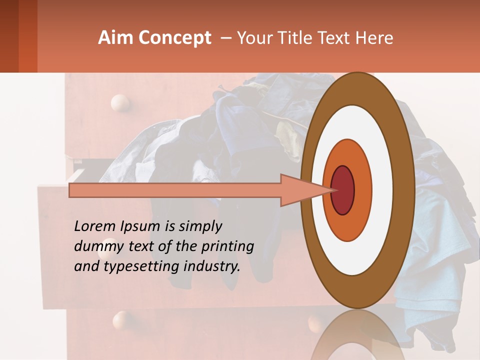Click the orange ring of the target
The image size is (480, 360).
[x=363, y=190]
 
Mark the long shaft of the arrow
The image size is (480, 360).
[x=175, y=190]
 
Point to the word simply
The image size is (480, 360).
[x=200, y=227]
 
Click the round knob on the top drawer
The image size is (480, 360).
[x=119, y=103]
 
